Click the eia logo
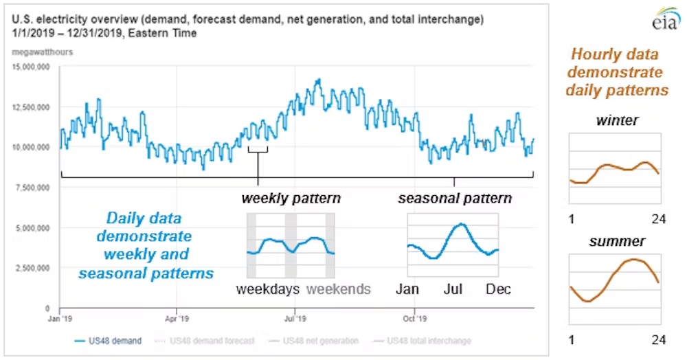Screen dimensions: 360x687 [x=664, y=19]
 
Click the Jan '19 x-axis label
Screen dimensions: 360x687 [x=60, y=319]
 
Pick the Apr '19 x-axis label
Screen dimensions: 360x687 [x=177, y=319]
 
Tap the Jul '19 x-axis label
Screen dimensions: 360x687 [x=294, y=319]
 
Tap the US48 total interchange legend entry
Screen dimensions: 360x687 [x=423, y=341]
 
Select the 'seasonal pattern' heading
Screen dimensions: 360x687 [x=455, y=199]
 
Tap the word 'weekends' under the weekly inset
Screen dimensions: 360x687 [x=338, y=289]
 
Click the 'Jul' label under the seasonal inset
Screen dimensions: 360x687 [x=453, y=289]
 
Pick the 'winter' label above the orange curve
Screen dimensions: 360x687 [x=616, y=121]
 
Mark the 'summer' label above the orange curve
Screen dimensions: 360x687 [x=616, y=242]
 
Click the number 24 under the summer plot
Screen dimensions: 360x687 [x=658, y=340]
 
